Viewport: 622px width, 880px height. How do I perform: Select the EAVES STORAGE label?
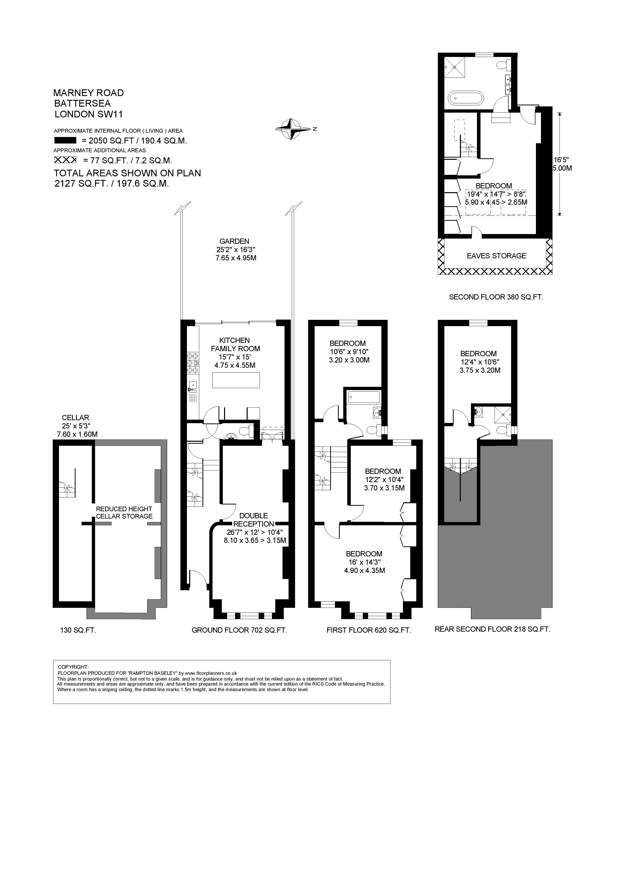point(496,256)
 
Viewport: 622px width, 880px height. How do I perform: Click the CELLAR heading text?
point(76,418)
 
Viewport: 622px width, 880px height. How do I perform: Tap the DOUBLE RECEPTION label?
point(254,520)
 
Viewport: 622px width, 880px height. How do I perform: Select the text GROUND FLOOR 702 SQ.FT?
point(239,630)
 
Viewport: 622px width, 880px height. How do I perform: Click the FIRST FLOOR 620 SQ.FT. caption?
point(369,630)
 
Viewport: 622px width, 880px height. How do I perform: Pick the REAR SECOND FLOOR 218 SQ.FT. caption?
point(493,629)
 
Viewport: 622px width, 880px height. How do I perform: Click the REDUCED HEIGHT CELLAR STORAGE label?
point(124,512)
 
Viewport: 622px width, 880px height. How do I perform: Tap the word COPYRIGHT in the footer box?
point(73,667)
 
